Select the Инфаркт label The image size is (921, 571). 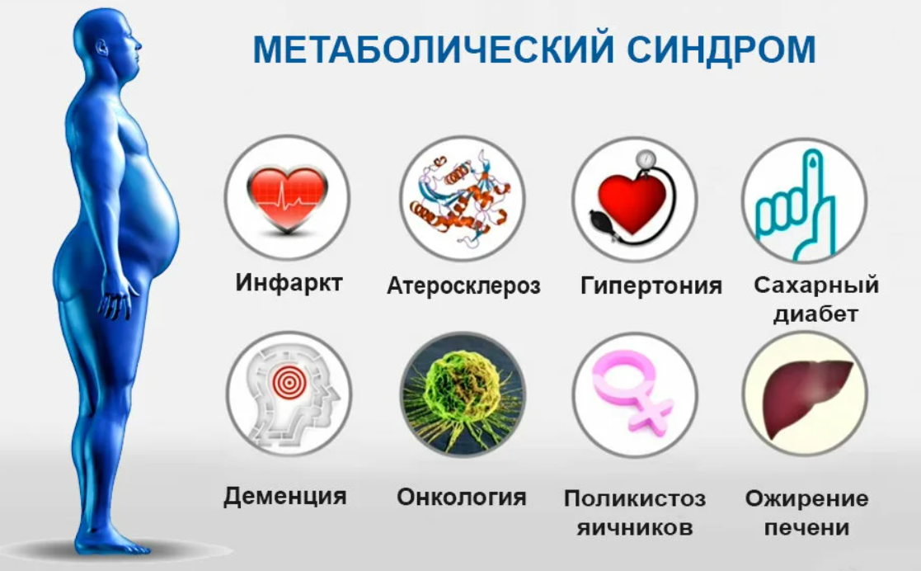click(x=289, y=282)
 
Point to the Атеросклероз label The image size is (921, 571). click(x=463, y=285)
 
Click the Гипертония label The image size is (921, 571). click(x=651, y=285)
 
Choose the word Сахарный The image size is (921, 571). click(x=816, y=285)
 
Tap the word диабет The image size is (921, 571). click(x=815, y=314)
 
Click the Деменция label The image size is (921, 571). click(x=285, y=496)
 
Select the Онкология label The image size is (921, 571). click(x=462, y=497)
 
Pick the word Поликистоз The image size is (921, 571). click(x=635, y=498)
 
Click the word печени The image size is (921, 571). click(x=807, y=527)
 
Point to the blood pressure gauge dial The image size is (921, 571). click(x=646, y=161)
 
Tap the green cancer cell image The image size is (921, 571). click(x=463, y=394)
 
